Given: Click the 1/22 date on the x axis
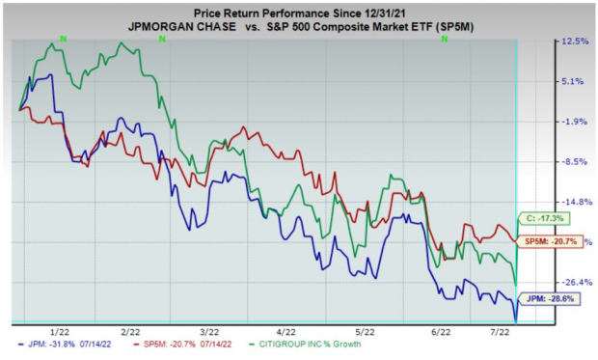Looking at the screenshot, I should tap(59, 331).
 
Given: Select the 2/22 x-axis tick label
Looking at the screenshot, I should tap(133, 331).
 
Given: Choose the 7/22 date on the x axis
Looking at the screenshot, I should tap(503, 331).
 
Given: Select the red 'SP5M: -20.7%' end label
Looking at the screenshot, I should tap(551, 240).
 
